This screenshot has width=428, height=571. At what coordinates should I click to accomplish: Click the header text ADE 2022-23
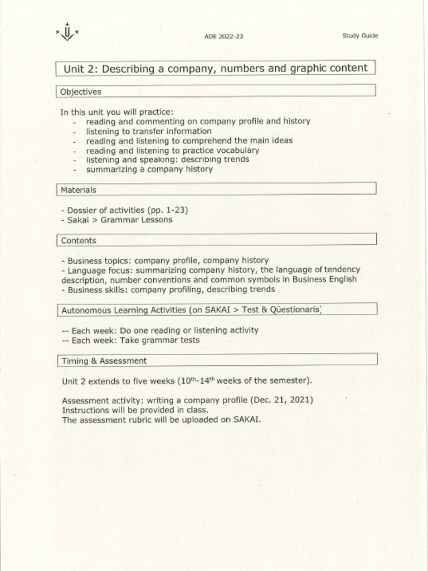pos(223,37)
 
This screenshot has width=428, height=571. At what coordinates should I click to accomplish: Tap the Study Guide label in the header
pos(359,36)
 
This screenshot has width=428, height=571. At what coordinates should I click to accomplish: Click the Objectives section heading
pos(81,91)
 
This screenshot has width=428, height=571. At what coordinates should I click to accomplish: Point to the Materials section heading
pos(79,190)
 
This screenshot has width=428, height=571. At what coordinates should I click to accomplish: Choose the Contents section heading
pos(79,241)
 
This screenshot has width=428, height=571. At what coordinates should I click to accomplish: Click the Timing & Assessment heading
pos(104,361)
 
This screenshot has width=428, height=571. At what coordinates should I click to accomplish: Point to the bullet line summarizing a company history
pos(149,169)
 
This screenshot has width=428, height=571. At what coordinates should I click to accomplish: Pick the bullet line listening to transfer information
pos(148,131)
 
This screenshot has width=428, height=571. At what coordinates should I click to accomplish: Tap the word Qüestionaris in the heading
pos(294,309)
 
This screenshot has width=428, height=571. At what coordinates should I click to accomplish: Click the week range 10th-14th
pos(196,381)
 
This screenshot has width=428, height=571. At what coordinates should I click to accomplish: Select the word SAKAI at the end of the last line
pos(246,419)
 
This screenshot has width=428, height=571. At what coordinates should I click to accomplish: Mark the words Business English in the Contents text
pos(324,279)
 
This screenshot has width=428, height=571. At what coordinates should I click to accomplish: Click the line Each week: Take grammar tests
pos(135,340)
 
